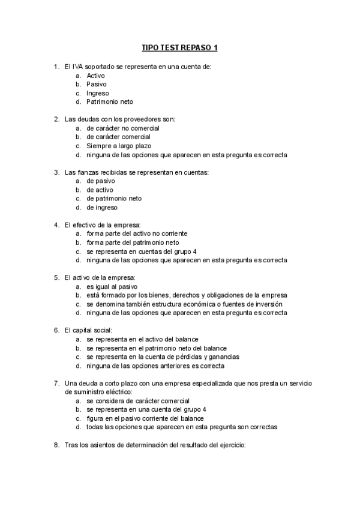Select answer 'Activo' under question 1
pyautogui.click(x=96, y=76)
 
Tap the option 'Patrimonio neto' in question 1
pyautogui.click(x=110, y=102)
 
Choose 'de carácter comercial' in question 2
pyautogui.click(x=118, y=137)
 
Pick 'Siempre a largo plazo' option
pyautogui.click(x=119, y=146)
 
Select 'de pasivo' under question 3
pyautogui.click(x=101, y=181)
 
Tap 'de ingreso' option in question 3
pyautogui.click(x=102, y=208)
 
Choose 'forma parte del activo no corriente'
pyautogui.click(x=137, y=233)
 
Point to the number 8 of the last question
pyautogui.click(x=56, y=445)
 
